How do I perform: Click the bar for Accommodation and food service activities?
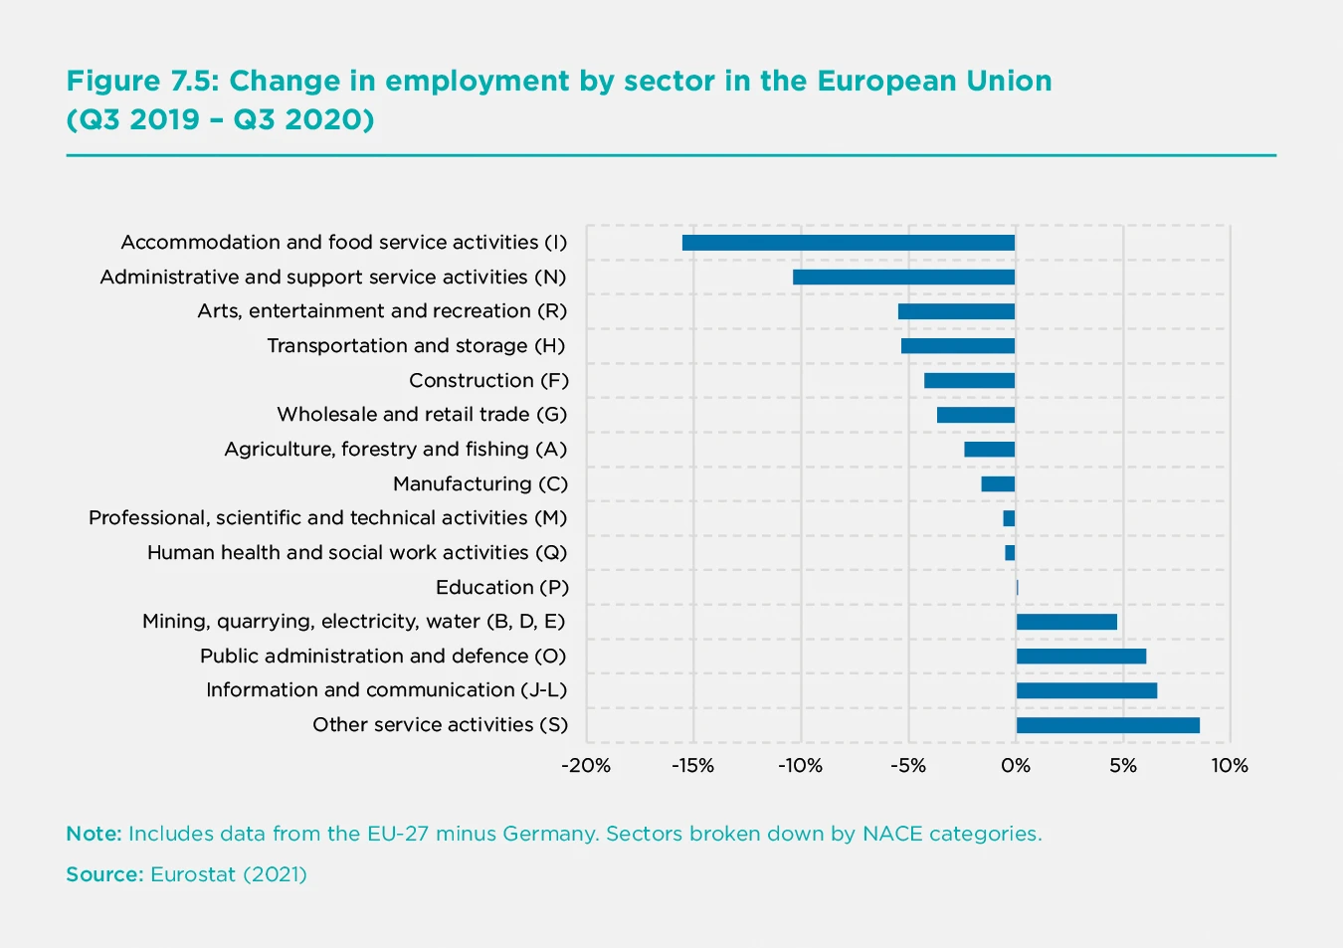(848, 243)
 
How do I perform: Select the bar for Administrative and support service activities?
(903, 278)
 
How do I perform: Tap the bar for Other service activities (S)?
(1107, 725)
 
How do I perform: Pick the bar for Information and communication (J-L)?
(1086, 690)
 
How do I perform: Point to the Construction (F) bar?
(969, 381)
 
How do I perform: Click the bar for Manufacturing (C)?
(998, 484)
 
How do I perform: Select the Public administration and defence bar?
(1080, 657)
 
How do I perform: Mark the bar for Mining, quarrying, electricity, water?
(1066, 622)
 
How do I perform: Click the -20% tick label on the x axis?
(585, 766)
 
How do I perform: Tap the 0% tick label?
(1016, 766)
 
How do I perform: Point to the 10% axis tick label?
(1230, 766)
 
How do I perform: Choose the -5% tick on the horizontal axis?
(907, 766)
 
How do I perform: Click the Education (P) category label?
(502, 587)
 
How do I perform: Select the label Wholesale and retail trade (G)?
(422, 415)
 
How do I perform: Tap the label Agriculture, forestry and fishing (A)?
(395, 450)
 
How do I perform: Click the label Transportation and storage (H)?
(416, 346)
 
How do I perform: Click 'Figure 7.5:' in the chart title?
(142, 81)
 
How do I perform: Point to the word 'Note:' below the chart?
(94, 834)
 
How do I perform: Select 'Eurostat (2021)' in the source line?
(229, 874)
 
